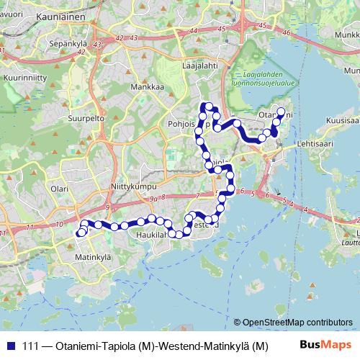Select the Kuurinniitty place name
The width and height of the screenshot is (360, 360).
tap(25, 75)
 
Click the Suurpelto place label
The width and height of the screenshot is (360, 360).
tap(88, 117)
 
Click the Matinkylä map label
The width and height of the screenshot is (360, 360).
tap(94, 256)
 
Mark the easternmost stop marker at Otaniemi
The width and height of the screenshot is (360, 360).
tap(282, 113)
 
